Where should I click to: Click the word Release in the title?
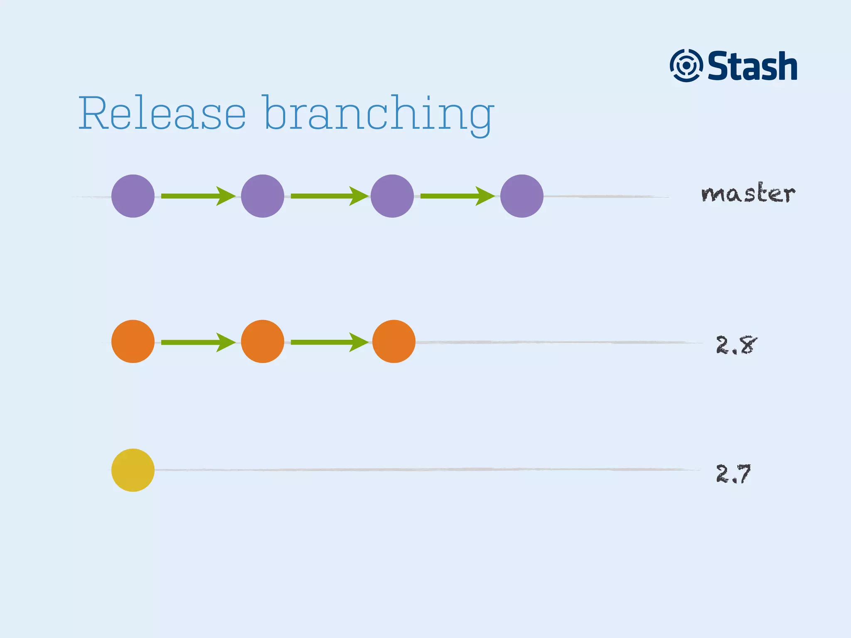click(162, 113)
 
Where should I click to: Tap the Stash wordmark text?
click(752, 66)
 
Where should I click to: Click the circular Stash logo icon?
click(686, 66)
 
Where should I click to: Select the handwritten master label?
click(748, 193)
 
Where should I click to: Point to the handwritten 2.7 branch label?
click(733, 474)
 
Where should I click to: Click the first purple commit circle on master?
click(133, 196)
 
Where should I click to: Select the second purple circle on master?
click(263, 196)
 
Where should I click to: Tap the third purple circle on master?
click(392, 196)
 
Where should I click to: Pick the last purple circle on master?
click(522, 196)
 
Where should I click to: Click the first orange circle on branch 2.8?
click(133, 341)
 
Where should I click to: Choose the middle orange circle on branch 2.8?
click(263, 341)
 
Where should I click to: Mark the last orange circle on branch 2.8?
click(394, 341)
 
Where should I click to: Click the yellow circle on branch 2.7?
click(133, 470)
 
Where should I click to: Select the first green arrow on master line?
click(198, 196)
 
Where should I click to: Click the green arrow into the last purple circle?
click(457, 196)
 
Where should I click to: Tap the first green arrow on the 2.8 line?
click(198, 342)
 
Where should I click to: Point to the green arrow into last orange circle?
click(328, 342)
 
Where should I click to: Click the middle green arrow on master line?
click(328, 196)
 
